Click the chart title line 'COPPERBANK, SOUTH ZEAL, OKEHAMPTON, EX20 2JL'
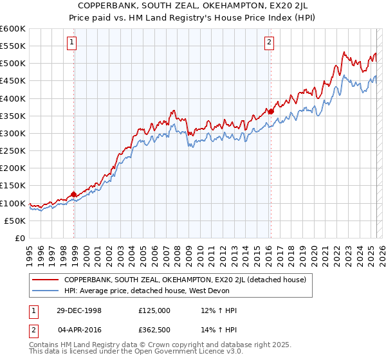click(x=193, y=6)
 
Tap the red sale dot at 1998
click(x=74, y=194)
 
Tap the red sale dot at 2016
click(x=271, y=111)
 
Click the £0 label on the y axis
click(x=19, y=238)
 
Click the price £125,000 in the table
click(x=154, y=310)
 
